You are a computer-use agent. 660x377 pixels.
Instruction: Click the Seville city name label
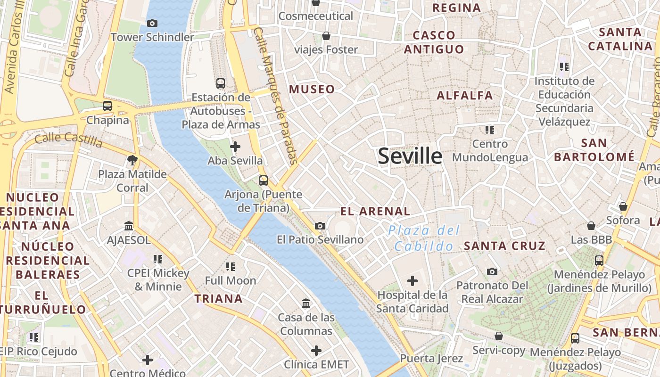tap(410, 156)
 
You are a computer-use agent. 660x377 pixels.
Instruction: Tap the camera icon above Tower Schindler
tap(152, 23)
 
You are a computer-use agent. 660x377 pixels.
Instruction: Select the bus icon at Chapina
tap(107, 106)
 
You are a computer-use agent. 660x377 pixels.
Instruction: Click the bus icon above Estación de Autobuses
tap(221, 83)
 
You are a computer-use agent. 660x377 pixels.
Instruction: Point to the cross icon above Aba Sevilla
tap(235, 147)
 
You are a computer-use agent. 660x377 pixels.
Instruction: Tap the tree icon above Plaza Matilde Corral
tap(132, 160)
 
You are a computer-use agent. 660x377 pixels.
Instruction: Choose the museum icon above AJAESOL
tap(129, 226)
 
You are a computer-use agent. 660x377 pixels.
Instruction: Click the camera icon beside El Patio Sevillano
tap(320, 226)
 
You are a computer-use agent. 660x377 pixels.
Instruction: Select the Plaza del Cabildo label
tap(423, 238)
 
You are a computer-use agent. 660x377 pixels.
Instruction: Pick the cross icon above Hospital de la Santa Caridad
tap(412, 281)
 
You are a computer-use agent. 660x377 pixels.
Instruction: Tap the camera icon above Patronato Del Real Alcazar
tap(492, 271)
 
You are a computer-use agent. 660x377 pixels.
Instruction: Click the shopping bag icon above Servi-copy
tap(499, 336)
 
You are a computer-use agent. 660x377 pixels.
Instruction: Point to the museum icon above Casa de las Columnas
tap(306, 303)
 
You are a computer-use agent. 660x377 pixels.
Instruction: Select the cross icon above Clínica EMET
tap(316, 351)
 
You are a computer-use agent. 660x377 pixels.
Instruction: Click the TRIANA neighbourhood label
tap(219, 298)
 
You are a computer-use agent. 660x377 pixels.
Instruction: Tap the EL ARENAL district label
tap(375, 211)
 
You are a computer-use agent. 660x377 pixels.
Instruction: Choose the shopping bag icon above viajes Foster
tap(326, 36)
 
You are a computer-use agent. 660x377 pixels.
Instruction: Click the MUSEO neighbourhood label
tap(312, 89)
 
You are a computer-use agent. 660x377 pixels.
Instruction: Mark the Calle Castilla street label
tap(69, 139)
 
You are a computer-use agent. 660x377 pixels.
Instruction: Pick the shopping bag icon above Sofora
tap(623, 206)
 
